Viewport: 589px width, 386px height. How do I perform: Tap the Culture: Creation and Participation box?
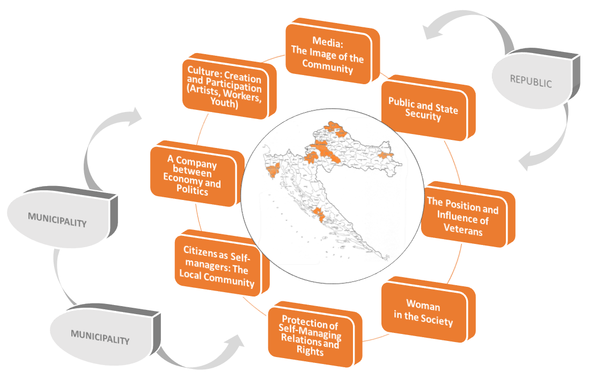click(225, 86)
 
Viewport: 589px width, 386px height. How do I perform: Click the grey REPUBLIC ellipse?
click(531, 82)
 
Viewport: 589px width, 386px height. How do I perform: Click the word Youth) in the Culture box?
click(225, 103)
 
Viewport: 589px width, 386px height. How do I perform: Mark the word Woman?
click(423, 306)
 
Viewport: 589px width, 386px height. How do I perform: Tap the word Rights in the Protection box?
click(310, 352)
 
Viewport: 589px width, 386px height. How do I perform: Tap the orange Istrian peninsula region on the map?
click(272, 171)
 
